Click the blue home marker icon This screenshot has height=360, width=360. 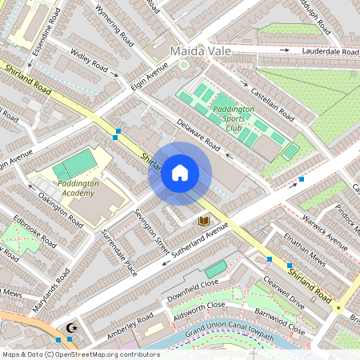tap(180, 173)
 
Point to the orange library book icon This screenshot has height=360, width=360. tap(203, 220)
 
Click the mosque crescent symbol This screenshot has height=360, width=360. tap(71, 327)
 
